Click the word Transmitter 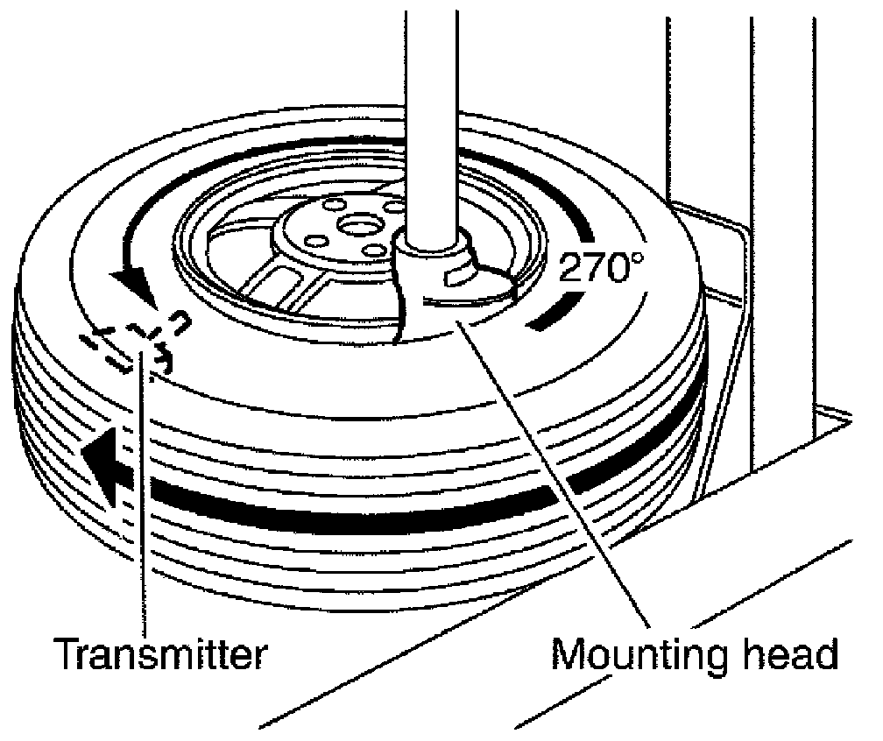tap(159, 653)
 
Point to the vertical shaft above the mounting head tap(431, 114)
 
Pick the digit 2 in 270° tap(571, 267)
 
